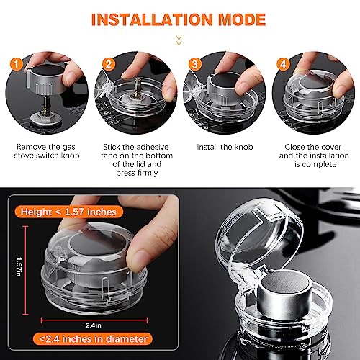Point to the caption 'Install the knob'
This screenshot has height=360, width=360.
224,147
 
